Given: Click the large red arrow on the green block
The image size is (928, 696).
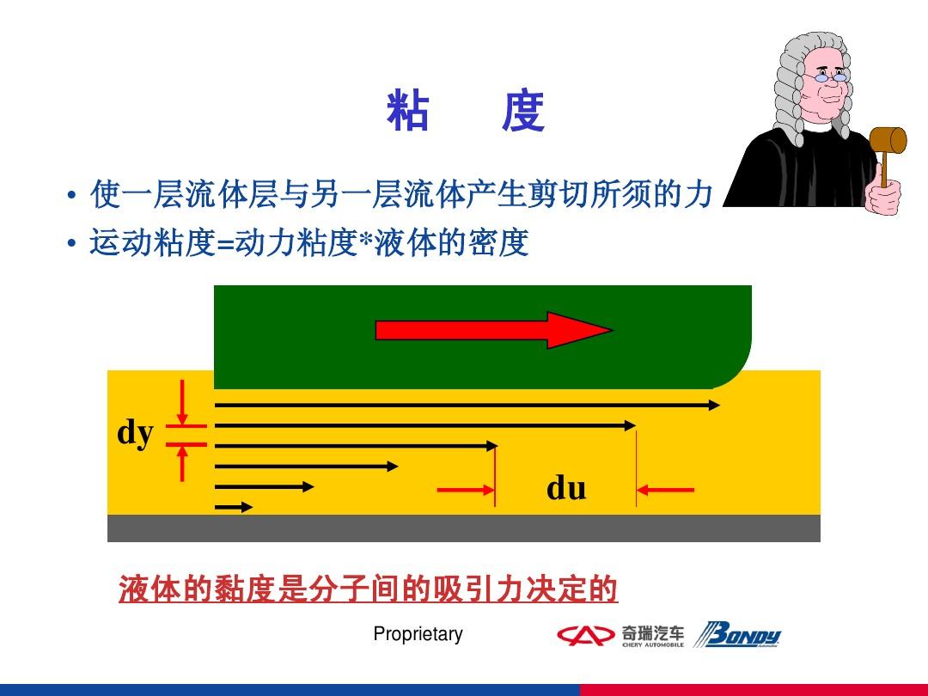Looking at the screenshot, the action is (494, 330).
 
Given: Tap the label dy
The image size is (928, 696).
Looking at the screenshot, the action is (136, 433).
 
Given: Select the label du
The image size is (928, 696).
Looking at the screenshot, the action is (566, 488).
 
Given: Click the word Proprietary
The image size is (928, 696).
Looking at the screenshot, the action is (418, 634).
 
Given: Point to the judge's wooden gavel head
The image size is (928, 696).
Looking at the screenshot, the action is (888, 140).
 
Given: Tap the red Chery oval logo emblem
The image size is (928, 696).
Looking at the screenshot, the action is (585, 636).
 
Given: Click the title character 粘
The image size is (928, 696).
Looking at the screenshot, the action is (408, 111).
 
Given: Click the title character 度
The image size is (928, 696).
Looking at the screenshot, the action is (523, 111).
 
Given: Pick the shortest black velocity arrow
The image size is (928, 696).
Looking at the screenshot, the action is (234, 507).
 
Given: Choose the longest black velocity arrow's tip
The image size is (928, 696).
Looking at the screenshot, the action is (720, 406).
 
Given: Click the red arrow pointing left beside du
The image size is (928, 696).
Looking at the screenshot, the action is (665, 490).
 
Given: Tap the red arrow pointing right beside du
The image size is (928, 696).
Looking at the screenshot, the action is (466, 490).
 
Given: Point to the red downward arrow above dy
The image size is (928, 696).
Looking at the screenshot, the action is (182, 402).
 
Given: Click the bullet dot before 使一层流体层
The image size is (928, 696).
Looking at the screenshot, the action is (71, 195).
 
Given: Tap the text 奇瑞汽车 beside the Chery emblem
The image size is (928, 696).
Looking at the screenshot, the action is (653, 632).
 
